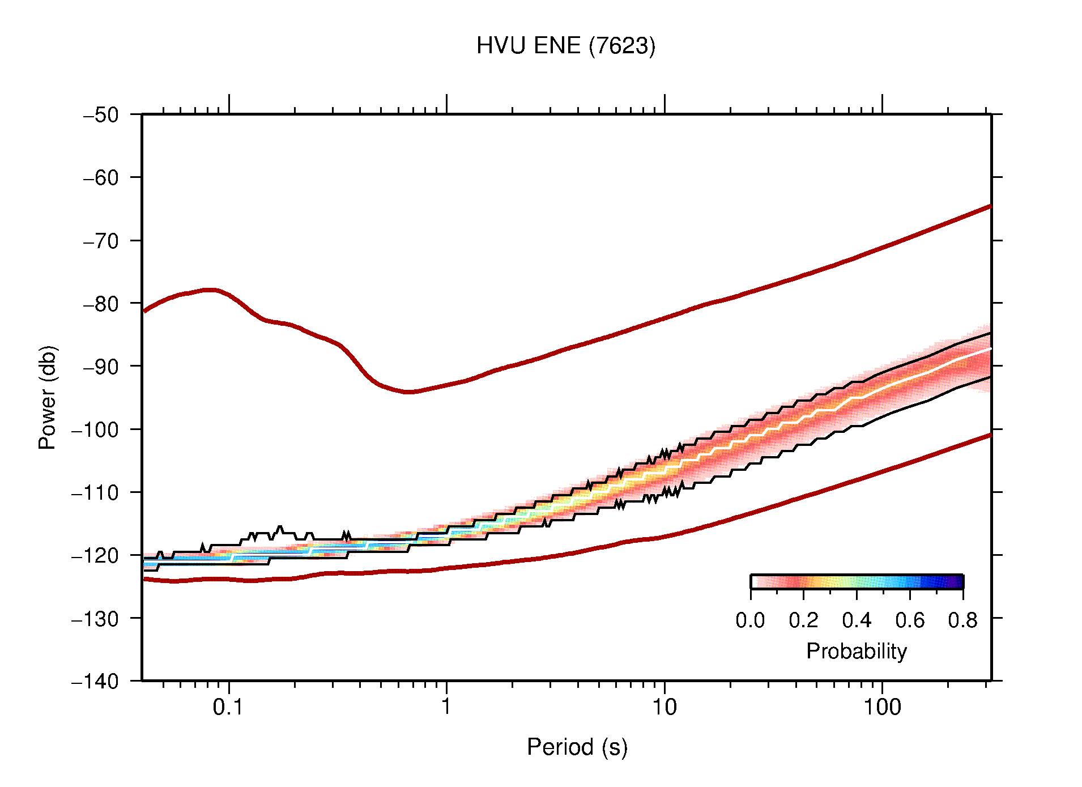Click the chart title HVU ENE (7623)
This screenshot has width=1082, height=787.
pos(565,46)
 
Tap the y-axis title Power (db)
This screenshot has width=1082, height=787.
pos(48,397)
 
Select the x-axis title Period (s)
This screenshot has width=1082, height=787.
pos(577,747)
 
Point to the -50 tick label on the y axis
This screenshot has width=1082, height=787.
pos(101,115)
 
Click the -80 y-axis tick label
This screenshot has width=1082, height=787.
pos(101,304)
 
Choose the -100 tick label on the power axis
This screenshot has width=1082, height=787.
pos(95,429)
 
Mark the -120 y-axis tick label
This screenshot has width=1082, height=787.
pos(95,555)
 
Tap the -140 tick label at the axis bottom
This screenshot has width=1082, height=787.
pos(95,681)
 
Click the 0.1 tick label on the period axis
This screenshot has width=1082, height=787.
pos(228,707)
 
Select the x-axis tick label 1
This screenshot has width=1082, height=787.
pos(446,707)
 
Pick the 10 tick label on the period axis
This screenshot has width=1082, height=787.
pos(664,707)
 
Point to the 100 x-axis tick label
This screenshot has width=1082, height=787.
pos(881,707)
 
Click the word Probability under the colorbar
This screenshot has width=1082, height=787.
pos(856,652)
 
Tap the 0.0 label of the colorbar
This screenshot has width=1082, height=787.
pos(750,620)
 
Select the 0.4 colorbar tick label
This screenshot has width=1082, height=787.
pos(857,620)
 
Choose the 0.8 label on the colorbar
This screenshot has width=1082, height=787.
pos(962,620)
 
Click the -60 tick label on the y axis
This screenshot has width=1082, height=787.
pos(101,178)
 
